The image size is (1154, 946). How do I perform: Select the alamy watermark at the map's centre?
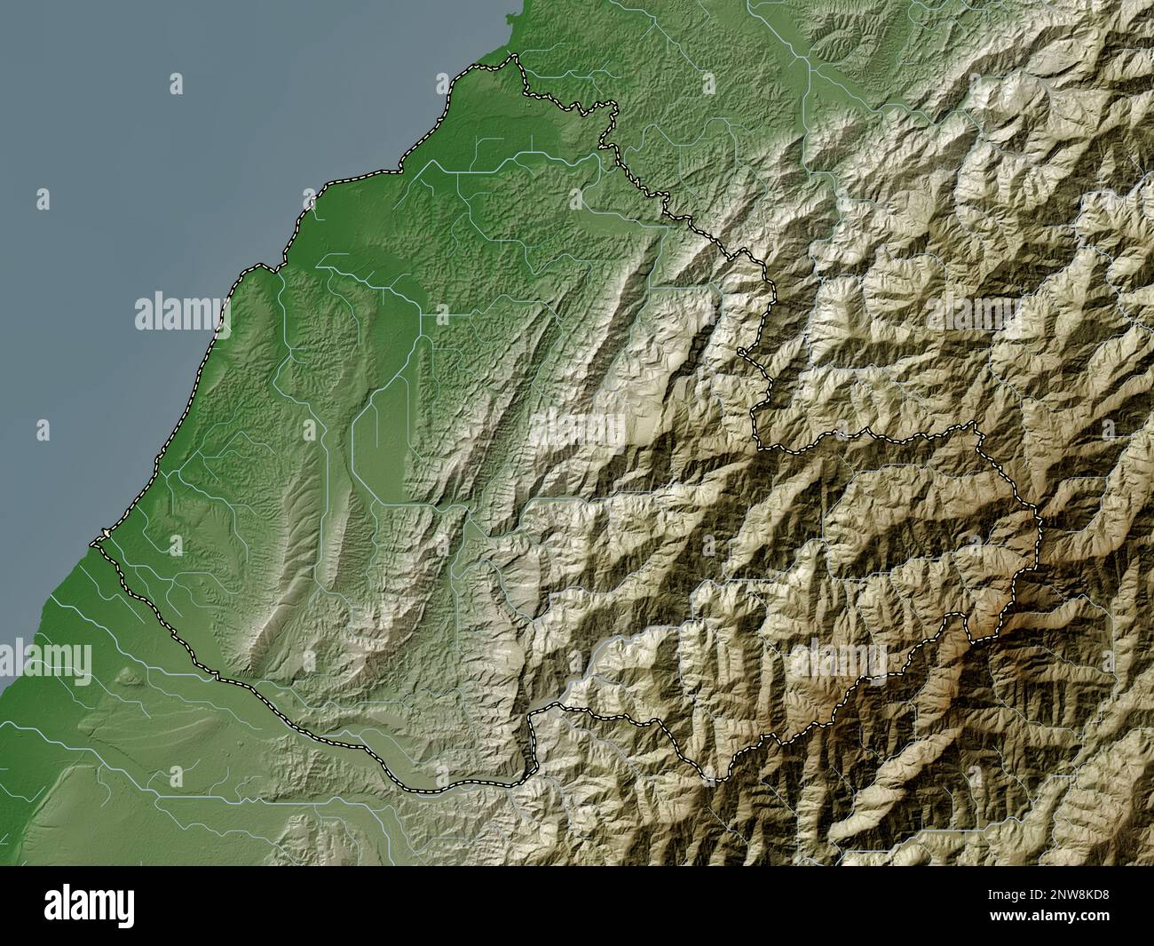(578, 430)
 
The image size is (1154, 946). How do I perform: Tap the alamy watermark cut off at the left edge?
(44, 660)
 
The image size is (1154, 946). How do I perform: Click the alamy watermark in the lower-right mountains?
(838, 660)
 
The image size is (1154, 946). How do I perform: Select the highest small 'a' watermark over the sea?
(177, 84)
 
